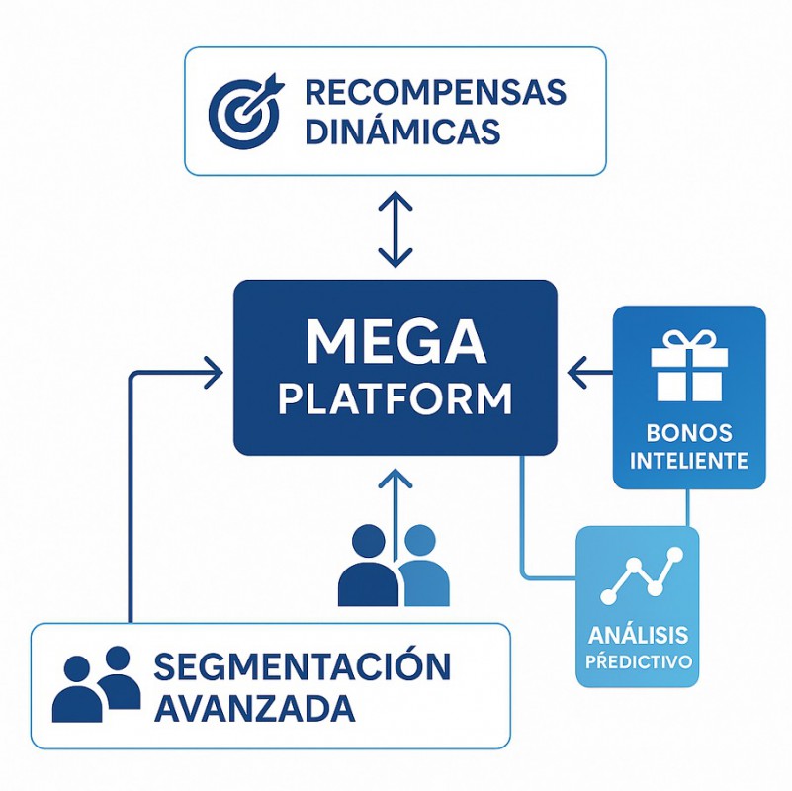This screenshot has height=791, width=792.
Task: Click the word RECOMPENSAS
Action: point(435,92)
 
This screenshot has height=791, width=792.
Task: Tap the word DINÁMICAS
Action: point(402,132)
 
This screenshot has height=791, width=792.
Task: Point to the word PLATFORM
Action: point(396,399)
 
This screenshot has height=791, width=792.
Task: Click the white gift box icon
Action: point(689,367)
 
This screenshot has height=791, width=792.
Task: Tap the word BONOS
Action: point(689,433)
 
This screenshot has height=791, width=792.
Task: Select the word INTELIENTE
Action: point(689,461)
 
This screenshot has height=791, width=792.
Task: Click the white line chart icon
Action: point(641,577)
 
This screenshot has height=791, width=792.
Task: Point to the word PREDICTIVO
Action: point(638,660)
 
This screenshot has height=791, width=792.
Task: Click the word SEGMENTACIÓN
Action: point(303,667)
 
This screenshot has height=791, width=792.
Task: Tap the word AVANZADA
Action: point(255,708)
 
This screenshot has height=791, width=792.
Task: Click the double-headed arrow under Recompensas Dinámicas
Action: point(396,229)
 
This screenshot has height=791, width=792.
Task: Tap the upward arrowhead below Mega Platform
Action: point(396,480)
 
